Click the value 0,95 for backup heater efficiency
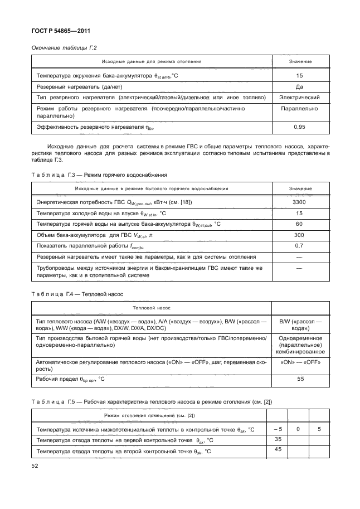pos(300,128)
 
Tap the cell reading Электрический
pos(300,98)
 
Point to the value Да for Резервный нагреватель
pos(300,86)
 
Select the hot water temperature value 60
pos(300,224)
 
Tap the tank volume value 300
pos(300,235)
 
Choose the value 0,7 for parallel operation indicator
pos(300,246)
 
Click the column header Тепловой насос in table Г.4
pos(152,307)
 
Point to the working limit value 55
pos(300,380)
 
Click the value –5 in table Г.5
pos(278,429)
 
